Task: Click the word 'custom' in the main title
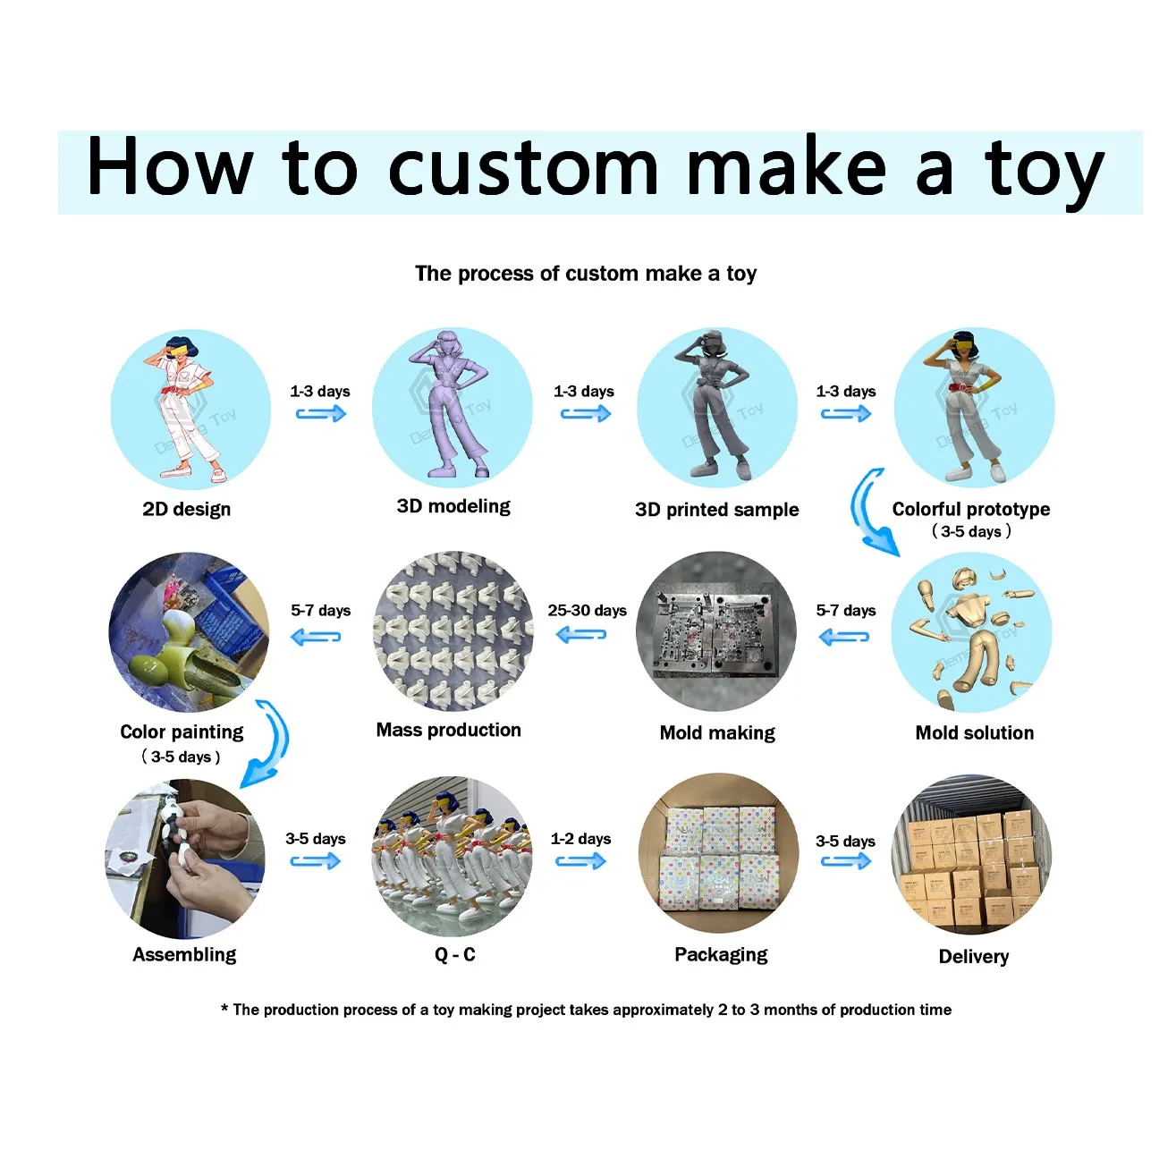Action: (523, 168)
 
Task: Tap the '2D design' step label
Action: (186, 509)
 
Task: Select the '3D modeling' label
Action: (453, 506)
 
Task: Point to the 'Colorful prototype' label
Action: (970, 509)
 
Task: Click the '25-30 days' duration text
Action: (587, 610)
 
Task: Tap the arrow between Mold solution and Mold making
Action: (843, 637)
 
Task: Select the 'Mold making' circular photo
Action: (716, 631)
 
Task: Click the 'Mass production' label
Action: (448, 730)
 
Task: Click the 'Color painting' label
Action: (182, 732)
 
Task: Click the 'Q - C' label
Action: (454, 954)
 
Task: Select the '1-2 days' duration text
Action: (580, 839)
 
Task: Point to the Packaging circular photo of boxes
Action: (718, 855)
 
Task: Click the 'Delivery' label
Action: (973, 956)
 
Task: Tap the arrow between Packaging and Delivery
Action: (845, 861)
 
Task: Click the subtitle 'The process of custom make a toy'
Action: (586, 274)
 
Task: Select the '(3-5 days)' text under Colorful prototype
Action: (971, 531)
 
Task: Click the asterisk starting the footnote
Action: (224, 1009)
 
